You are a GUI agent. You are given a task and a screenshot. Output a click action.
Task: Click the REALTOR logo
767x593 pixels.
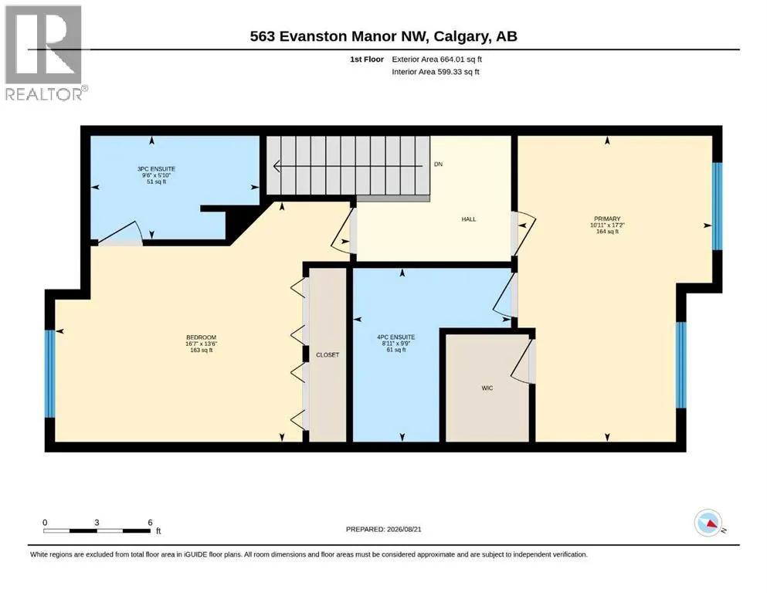[x=45, y=53]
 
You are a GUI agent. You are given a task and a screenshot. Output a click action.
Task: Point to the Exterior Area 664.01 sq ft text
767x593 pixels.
[x=437, y=59]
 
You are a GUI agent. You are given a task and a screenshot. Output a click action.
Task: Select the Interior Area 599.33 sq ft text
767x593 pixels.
[x=436, y=72]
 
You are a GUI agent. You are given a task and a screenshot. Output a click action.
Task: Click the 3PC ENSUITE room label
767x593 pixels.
[x=157, y=169]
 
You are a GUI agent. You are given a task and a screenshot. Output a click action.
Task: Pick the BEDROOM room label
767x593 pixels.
[x=201, y=337]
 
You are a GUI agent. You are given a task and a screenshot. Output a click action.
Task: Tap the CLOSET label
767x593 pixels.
[x=328, y=355]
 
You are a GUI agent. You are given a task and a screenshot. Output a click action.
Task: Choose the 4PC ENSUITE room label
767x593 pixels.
[x=395, y=337]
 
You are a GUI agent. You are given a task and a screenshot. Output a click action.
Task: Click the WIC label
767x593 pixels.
[x=487, y=388]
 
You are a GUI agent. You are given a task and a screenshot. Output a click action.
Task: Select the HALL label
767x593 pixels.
[x=469, y=219]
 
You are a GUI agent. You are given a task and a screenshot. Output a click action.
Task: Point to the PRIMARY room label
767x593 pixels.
[x=607, y=219]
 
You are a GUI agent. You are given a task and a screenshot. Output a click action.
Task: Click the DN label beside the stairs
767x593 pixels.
[x=438, y=164]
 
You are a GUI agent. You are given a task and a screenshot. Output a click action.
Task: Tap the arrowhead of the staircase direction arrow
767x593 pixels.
[x=277, y=166]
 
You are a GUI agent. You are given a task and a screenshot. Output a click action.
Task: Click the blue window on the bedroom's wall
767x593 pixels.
[x=50, y=374]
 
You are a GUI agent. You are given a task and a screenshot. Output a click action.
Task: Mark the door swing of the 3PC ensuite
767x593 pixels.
[x=120, y=232]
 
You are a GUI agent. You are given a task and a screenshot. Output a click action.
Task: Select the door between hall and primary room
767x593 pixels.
[x=523, y=234]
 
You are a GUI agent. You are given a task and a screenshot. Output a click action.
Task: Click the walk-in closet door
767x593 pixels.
[x=522, y=361]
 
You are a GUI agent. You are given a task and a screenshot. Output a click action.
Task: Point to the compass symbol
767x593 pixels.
[x=708, y=523]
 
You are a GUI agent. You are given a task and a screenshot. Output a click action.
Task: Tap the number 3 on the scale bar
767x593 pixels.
[x=97, y=522]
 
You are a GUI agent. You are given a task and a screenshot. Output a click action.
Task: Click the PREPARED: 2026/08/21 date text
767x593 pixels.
[x=383, y=529]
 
